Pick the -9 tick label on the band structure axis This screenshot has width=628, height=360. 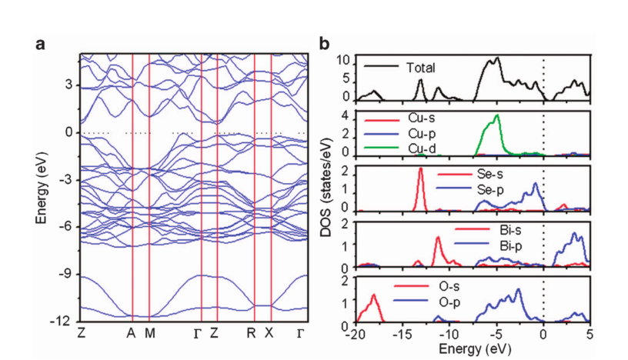point(65,274)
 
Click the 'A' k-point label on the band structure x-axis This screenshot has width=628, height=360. point(132,333)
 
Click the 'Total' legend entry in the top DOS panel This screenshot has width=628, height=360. point(420,68)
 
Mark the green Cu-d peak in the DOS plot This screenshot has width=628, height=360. point(497,116)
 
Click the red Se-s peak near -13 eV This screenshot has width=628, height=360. point(420,169)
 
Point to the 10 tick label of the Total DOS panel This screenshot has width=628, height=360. point(346,60)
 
